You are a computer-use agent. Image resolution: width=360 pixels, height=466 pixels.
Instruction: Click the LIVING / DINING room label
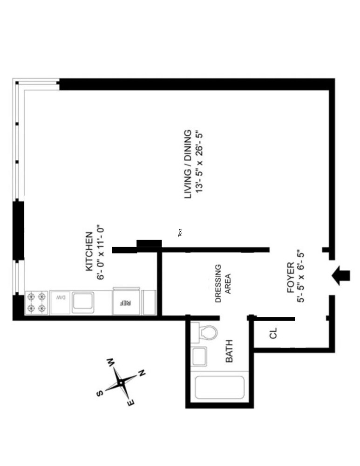[x=188, y=164]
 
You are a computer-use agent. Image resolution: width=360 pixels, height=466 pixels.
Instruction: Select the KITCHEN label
[x=88, y=252]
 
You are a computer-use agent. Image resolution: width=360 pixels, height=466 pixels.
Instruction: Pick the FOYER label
[x=291, y=278]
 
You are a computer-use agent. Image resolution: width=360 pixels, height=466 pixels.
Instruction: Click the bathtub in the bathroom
[x=219, y=387]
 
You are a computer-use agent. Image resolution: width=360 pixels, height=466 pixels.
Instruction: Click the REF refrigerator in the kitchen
[x=125, y=302]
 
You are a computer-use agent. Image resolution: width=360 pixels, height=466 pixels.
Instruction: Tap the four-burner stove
[x=36, y=302]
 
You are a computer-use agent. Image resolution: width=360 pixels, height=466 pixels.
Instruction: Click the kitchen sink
[x=84, y=302]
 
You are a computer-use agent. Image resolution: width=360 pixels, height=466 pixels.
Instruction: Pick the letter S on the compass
[x=99, y=394]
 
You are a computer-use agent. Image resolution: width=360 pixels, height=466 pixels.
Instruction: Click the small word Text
[x=180, y=232]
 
